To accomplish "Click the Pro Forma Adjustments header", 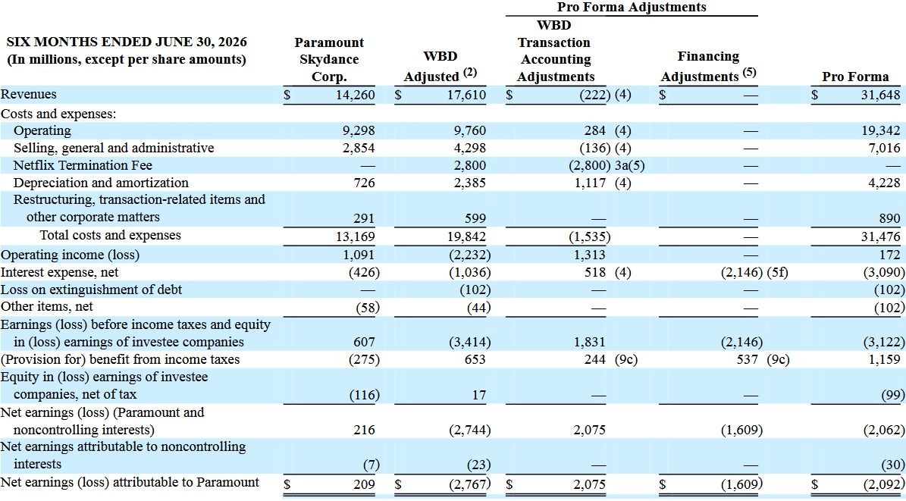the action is click(632, 7).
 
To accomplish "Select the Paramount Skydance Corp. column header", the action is click(329, 60).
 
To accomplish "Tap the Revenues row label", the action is click(29, 94).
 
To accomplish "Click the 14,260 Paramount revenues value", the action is click(356, 95).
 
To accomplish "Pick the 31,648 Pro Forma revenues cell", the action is click(880, 95).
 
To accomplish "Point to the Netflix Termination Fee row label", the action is click(83, 165).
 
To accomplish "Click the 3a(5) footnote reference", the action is click(630, 166).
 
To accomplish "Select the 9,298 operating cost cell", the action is click(359, 131).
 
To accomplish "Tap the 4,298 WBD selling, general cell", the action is click(470, 149).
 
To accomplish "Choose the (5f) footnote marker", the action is click(777, 272).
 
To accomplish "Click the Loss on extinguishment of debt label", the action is click(91, 289).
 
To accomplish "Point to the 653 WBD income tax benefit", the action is click(475, 359).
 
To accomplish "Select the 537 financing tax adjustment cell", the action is click(747, 359).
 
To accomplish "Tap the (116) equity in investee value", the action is click(365, 395).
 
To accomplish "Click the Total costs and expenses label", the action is click(111, 235).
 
